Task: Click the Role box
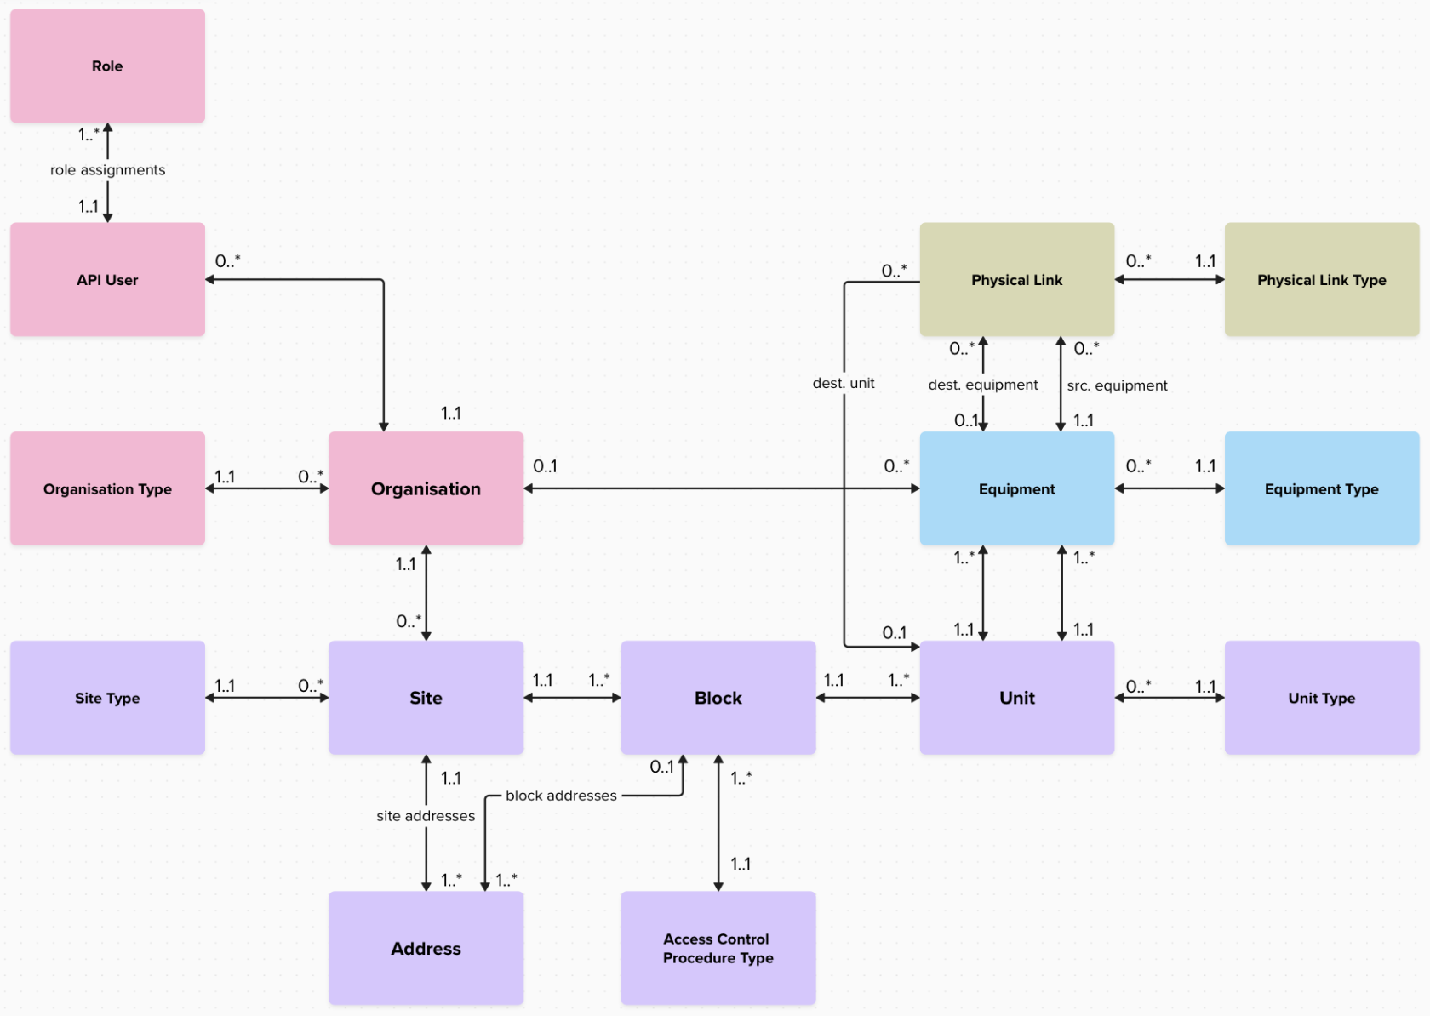click(x=107, y=66)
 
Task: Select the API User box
click(x=107, y=280)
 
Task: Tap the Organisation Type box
click(x=107, y=488)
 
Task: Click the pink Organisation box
click(x=426, y=488)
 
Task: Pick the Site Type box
click(x=107, y=698)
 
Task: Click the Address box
click(x=426, y=948)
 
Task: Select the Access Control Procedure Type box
click(x=718, y=948)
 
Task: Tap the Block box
click(x=718, y=698)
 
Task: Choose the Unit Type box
click(x=1321, y=698)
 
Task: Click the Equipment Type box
click(x=1321, y=488)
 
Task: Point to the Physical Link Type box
click(x=1321, y=280)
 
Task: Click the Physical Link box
click(x=1016, y=280)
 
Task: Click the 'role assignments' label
click(x=107, y=170)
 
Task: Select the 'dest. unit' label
click(x=843, y=383)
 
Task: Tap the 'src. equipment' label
click(x=1117, y=385)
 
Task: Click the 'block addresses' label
click(x=561, y=796)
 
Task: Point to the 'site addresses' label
click(x=426, y=816)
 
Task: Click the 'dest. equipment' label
click(x=982, y=385)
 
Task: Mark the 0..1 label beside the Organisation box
click(x=545, y=466)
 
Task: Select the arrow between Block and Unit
click(x=867, y=698)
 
